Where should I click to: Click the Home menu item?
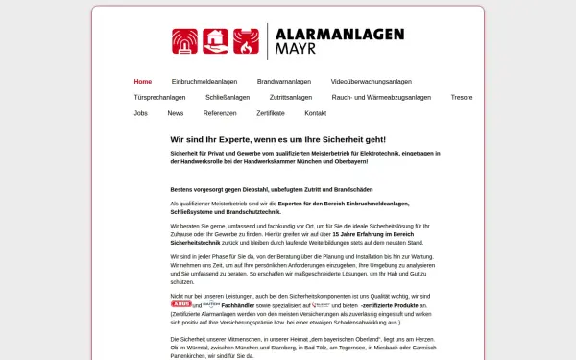coord(142,82)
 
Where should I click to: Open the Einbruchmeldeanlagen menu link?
coord(204,82)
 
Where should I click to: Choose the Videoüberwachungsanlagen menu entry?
coord(371,82)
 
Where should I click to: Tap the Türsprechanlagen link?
coord(158,97)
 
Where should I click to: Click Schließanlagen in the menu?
coord(228,97)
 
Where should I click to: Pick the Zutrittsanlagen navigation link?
coord(291,97)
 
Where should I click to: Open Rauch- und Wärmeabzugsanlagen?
coord(381,97)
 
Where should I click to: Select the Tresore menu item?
coord(462,97)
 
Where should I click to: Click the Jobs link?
coord(141,113)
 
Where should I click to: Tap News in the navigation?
coord(176,113)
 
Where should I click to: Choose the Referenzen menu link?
coord(220,113)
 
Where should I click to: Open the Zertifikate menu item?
coord(271,113)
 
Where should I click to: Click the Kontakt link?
coord(316,113)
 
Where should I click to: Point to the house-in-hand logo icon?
coord(217,40)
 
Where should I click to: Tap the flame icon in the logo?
coord(247,40)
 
